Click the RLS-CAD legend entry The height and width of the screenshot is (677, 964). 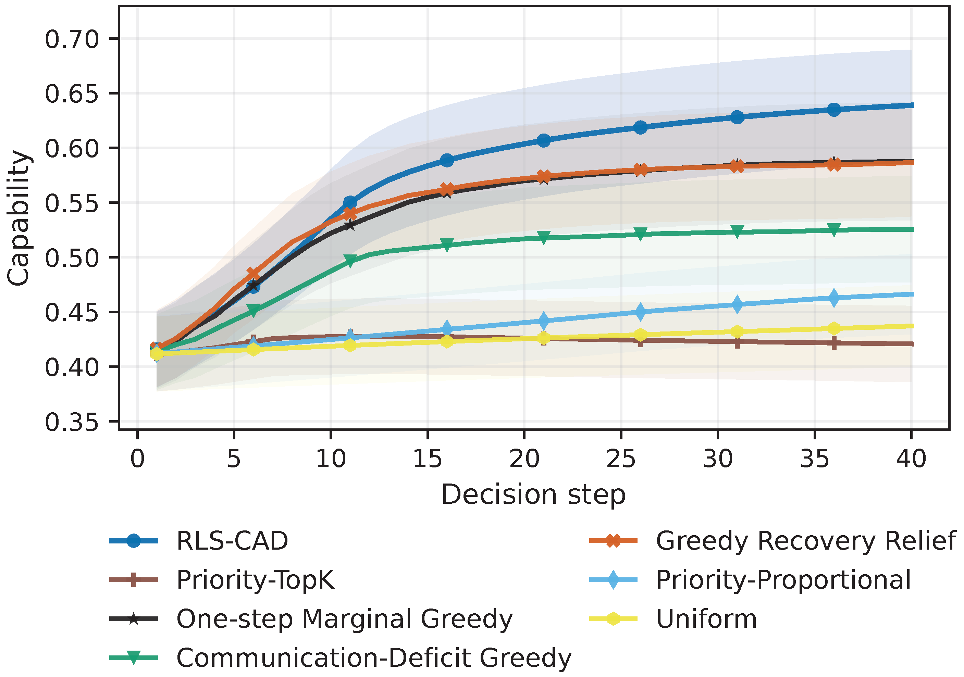[232, 541]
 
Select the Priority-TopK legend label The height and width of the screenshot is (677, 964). [255, 580]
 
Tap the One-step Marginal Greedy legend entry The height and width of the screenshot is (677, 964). [344, 619]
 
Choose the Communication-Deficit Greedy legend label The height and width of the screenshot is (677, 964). [374, 658]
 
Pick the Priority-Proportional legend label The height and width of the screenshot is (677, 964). [783, 580]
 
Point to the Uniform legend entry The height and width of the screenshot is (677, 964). [707, 619]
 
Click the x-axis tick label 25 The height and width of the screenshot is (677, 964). [621, 459]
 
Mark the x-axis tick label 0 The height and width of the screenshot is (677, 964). [137, 459]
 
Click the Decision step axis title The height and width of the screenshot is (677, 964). [533, 495]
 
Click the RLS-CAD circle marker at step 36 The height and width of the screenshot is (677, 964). [834, 110]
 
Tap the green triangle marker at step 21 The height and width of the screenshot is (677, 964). [544, 238]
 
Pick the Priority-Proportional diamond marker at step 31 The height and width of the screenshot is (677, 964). [737, 304]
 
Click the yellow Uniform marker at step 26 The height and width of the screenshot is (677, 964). [640, 335]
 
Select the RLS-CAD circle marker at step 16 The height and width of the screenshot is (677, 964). [447, 160]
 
